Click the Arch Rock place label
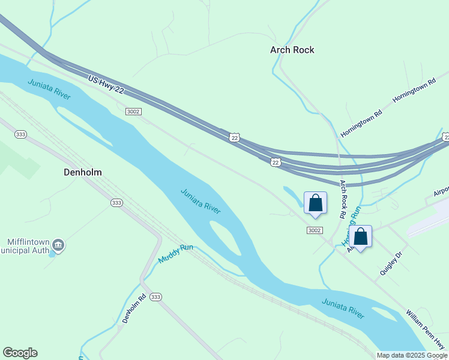pyautogui.click(x=292, y=50)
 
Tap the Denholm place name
pyautogui.click(x=82, y=172)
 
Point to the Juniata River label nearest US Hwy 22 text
pyautogui.click(x=49, y=88)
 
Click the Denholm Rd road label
pyautogui.click(x=134, y=308)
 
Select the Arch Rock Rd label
pyautogui.click(x=343, y=199)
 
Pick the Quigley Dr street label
pyautogui.click(x=390, y=263)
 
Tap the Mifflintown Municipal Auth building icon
pyautogui.click(x=58, y=244)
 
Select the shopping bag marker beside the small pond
pyautogui.click(x=315, y=203)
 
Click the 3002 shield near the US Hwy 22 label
pyautogui.click(x=133, y=112)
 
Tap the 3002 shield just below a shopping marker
pyautogui.click(x=314, y=230)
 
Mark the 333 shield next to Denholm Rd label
pyautogui.click(x=156, y=297)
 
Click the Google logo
pyautogui.click(x=20, y=353)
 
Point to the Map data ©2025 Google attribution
pyautogui.click(x=412, y=355)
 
